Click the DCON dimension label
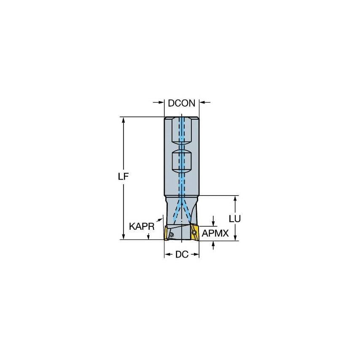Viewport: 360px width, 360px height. [181, 103]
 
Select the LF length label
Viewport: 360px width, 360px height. [123, 177]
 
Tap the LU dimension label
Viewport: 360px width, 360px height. [234, 219]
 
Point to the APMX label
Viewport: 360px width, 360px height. [215, 233]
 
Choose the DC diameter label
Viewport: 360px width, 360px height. [181, 255]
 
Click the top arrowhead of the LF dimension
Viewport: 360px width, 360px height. [123, 120]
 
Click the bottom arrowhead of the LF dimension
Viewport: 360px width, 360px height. [123, 237]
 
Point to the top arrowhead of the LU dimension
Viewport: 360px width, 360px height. [234, 199]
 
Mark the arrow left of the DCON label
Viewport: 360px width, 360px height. [161, 102]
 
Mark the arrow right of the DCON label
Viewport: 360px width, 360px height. [202, 102]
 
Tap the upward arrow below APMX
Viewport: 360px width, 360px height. [213, 243]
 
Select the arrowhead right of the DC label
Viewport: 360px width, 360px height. [196, 255]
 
